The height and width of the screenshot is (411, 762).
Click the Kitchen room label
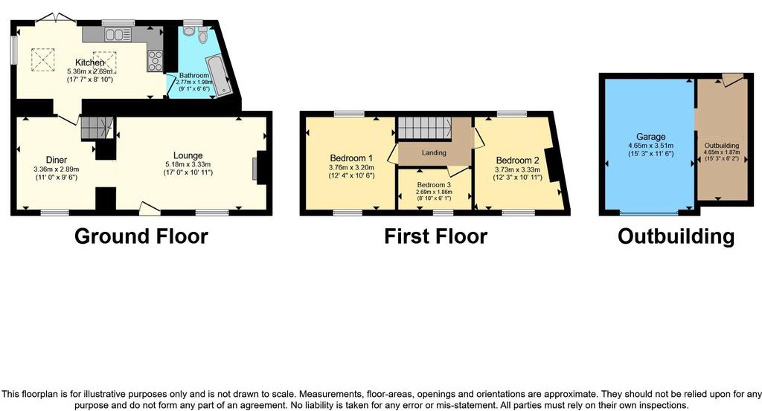90,62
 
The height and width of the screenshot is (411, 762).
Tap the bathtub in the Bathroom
219,77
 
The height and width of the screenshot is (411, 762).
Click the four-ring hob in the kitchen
155,61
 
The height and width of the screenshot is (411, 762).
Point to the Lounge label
188,156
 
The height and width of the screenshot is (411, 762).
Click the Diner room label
57,160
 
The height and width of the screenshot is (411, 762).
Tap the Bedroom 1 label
351,158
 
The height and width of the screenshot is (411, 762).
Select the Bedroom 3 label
434,185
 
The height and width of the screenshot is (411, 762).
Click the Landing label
434,152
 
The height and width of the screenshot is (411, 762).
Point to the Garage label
650,137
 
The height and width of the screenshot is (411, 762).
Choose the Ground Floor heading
141,236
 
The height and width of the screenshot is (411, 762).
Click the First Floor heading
436,236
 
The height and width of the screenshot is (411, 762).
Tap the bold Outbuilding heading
676,236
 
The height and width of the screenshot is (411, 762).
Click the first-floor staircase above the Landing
425,128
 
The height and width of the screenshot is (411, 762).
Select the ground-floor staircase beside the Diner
97,128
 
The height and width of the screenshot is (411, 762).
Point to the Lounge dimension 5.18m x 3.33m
188,164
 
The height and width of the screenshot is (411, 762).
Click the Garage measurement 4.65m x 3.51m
650,146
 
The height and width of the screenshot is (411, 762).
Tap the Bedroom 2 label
518,161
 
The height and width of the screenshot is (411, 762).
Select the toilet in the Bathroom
202,36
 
